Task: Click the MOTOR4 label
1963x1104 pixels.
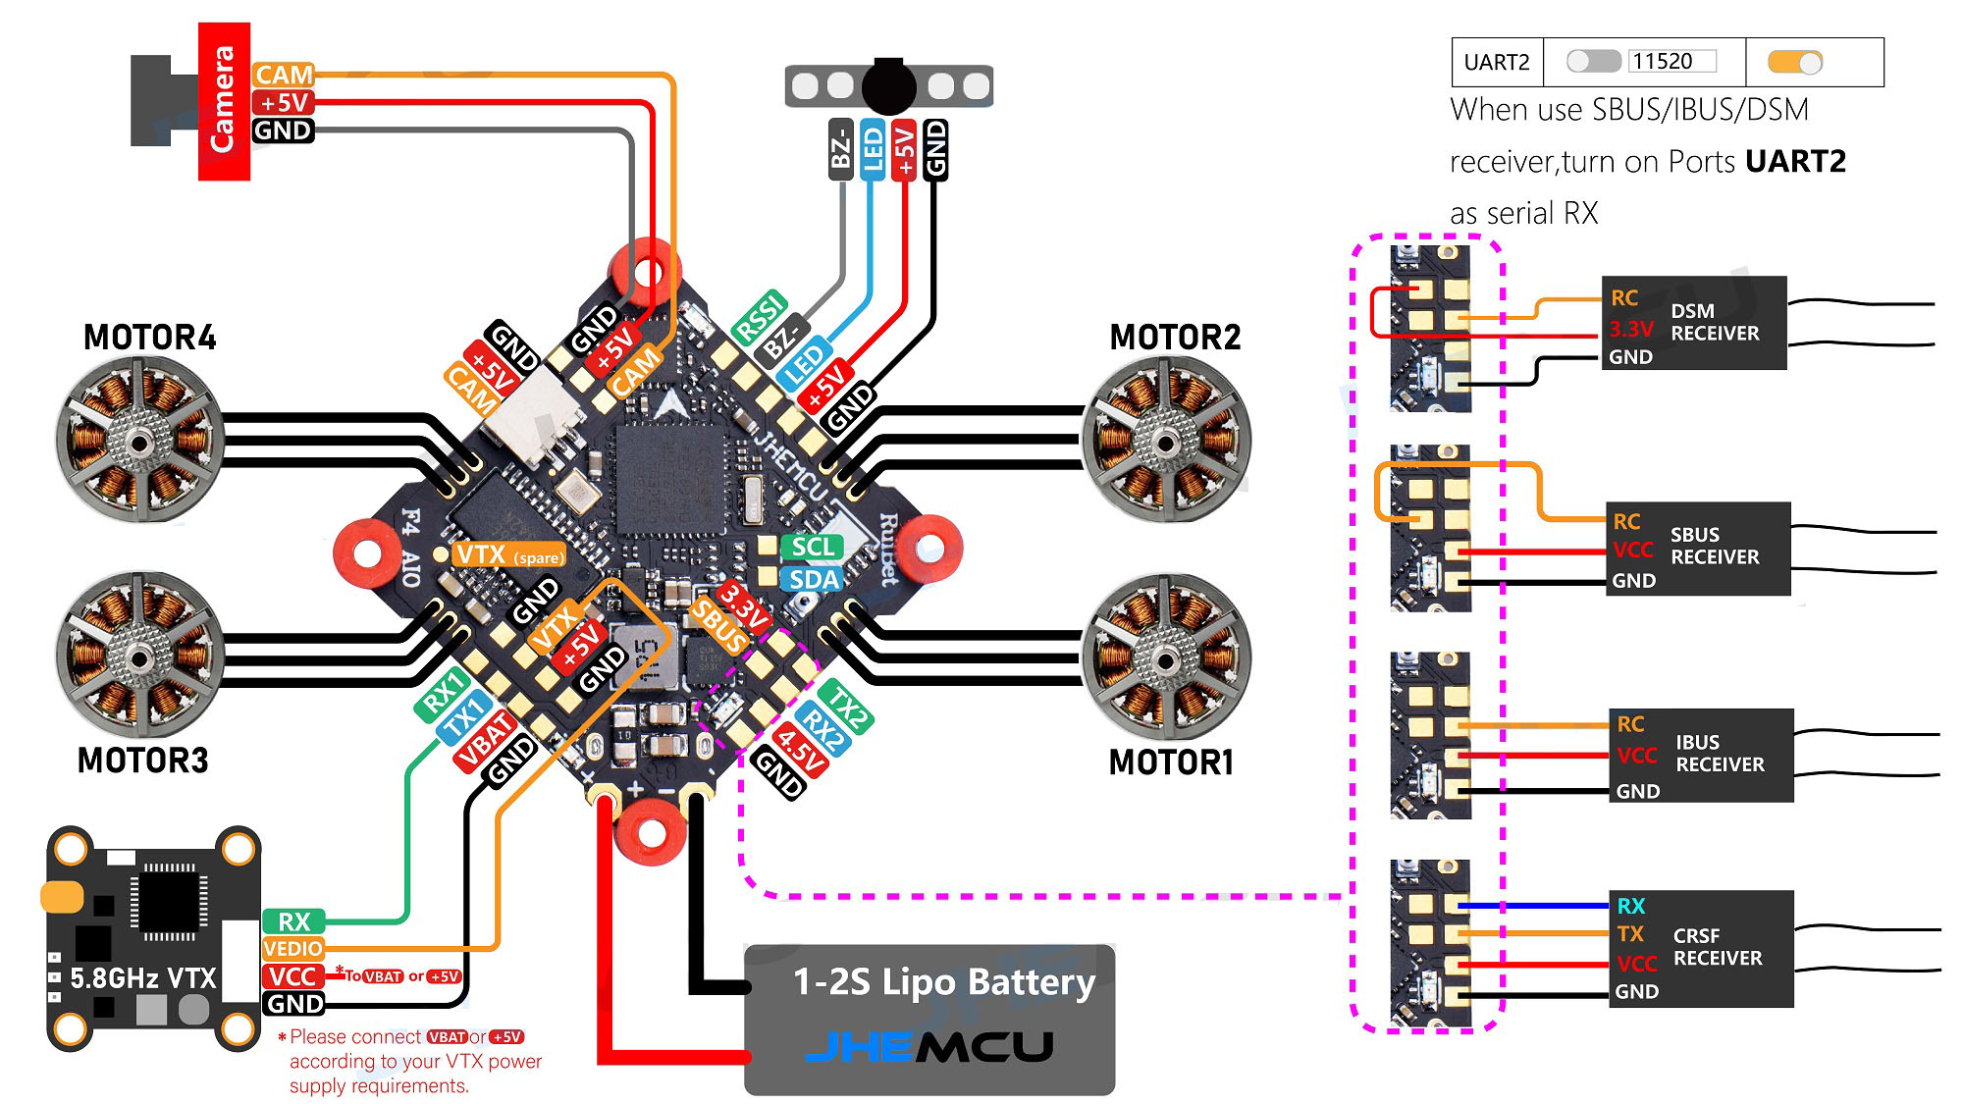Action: coord(149,338)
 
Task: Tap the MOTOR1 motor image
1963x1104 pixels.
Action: coord(1166,657)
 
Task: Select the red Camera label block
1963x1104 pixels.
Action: coord(224,101)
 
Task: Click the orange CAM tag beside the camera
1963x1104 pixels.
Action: coord(283,75)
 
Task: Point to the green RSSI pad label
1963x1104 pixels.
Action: coord(761,317)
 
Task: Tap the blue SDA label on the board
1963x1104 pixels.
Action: coord(814,580)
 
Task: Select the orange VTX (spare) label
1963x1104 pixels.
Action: coord(507,555)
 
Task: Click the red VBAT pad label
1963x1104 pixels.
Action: coord(485,740)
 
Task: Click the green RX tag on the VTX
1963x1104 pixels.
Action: coord(293,921)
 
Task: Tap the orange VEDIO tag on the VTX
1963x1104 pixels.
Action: coord(293,949)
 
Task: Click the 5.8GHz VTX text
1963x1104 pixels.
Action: coord(143,978)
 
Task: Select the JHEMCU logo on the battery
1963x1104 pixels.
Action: coord(928,1047)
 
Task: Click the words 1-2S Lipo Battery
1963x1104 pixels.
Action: coord(943,982)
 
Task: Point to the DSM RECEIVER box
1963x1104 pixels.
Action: coord(1694,323)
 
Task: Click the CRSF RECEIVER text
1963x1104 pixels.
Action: coord(1718,947)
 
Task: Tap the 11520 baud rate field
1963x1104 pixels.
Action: coord(1671,61)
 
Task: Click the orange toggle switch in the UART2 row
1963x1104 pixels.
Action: coord(1795,62)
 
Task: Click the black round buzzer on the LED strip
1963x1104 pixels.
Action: coord(889,86)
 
